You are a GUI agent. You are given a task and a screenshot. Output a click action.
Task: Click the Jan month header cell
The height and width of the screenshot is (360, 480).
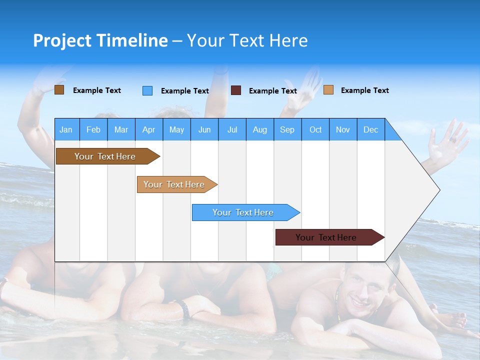coord(66,129)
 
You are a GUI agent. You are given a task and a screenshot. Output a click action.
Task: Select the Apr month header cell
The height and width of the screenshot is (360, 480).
coord(149,129)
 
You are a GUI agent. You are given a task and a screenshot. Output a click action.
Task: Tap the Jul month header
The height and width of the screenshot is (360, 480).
coord(232,129)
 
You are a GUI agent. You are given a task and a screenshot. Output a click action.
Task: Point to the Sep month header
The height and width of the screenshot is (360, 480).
coord(287,129)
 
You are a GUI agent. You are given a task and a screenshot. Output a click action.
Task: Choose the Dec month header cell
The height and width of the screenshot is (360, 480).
coord(370,129)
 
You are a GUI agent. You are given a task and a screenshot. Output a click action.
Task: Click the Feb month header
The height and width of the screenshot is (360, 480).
coord(93,129)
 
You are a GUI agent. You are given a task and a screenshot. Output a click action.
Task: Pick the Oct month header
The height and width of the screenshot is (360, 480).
coord(315,129)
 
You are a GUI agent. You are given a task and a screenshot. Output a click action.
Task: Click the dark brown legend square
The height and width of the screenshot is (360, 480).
coord(59,90)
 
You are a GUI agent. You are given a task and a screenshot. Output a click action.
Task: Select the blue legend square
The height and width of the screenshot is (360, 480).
coord(147,90)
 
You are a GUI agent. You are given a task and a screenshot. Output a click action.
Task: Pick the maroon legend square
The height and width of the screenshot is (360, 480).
coord(236,90)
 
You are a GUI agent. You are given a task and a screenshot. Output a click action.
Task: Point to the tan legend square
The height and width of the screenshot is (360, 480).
coord(328,90)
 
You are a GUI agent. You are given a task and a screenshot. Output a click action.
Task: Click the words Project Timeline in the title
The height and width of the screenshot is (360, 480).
coord(100,40)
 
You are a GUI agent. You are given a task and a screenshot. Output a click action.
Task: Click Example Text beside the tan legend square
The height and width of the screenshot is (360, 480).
coord(364,90)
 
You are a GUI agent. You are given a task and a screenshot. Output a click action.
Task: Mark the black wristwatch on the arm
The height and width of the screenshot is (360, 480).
coord(185,309)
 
